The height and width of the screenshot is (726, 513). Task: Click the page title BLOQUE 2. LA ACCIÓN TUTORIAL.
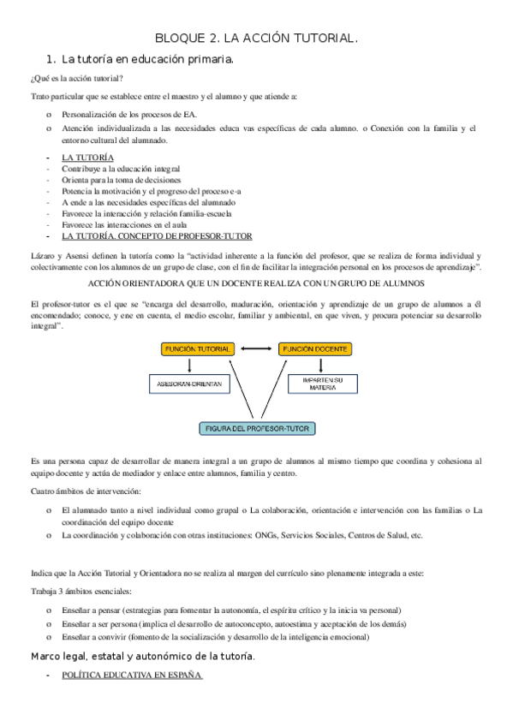pos(256,39)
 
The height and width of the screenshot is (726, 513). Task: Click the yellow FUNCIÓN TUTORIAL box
pos(198,349)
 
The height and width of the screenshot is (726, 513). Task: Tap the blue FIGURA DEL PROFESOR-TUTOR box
pos(256,427)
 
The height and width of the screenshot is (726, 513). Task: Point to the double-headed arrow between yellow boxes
pos(255,349)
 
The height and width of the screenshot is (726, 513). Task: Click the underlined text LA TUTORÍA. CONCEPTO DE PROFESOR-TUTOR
pos(157,236)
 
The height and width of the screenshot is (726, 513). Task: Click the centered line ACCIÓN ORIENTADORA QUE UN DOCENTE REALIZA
pos(256,283)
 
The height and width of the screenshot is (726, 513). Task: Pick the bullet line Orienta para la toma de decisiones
pos(121,181)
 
